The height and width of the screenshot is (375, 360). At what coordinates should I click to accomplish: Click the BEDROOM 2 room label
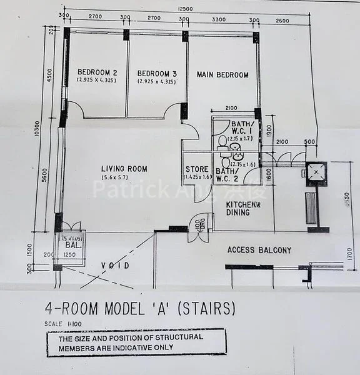click(x=97, y=72)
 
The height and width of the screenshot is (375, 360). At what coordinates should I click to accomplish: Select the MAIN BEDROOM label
click(x=222, y=75)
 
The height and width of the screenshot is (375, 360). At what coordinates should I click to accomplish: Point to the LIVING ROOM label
click(x=125, y=169)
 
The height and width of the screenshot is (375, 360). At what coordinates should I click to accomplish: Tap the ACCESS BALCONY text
click(x=259, y=250)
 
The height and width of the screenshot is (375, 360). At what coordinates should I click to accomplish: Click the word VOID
click(x=114, y=266)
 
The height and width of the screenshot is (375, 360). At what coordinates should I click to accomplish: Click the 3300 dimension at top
click(x=219, y=19)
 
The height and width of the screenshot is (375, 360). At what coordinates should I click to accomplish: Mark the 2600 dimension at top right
click(x=282, y=20)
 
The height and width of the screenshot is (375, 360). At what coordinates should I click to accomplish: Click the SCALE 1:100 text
click(x=59, y=323)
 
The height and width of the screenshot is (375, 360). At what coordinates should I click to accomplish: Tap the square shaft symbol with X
click(x=317, y=170)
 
